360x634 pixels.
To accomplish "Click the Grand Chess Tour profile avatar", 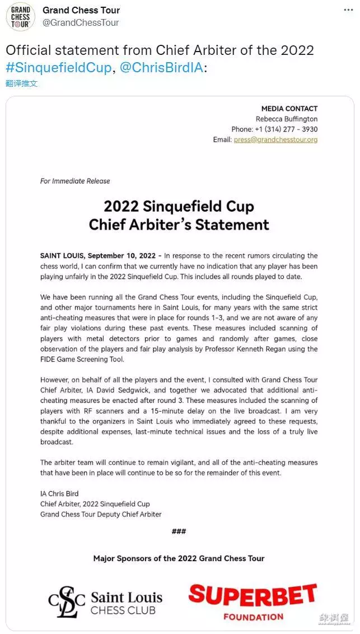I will click(x=20, y=17).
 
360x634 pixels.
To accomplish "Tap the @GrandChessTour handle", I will click(x=81, y=22).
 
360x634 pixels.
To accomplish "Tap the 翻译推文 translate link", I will click(x=21, y=83).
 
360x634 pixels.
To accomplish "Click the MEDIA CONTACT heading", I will click(x=289, y=109).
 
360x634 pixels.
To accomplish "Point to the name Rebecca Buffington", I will click(x=286, y=119).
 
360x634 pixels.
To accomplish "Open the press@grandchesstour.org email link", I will click(x=275, y=139).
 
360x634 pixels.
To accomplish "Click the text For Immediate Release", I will click(x=75, y=181).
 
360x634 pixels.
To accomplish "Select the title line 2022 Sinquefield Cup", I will click(x=179, y=206).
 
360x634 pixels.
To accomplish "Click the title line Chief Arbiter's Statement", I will click(x=179, y=225).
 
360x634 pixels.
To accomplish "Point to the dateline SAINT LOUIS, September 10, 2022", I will click(x=99, y=255).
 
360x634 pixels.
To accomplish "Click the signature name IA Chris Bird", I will click(x=60, y=493).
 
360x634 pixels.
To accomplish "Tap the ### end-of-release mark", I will click(x=179, y=531).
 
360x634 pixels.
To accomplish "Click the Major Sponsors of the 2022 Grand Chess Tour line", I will click(x=179, y=558).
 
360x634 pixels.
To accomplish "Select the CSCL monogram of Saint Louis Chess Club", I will click(x=67, y=602).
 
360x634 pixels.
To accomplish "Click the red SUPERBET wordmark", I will click(x=253, y=596).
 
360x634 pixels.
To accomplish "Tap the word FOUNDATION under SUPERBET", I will click(x=253, y=617).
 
